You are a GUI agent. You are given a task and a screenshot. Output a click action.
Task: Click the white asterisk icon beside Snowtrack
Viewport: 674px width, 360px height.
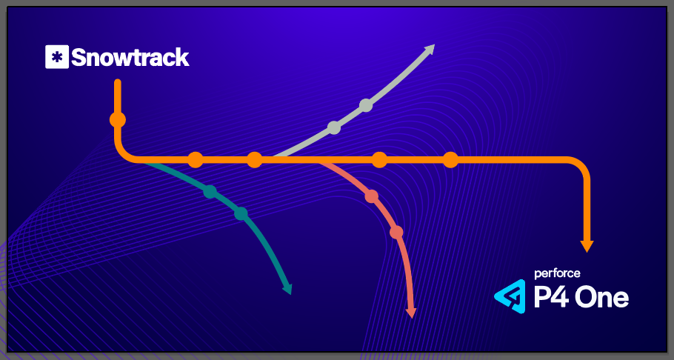(56, 57)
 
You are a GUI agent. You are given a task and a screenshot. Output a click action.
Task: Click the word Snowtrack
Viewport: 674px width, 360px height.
(130, 57)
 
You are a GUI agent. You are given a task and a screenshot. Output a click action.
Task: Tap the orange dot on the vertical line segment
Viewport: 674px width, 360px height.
(117, 119)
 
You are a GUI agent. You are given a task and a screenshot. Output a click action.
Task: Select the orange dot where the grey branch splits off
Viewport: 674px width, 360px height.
(254, 159)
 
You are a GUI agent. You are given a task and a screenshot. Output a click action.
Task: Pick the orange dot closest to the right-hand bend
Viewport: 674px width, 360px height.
(450, 159)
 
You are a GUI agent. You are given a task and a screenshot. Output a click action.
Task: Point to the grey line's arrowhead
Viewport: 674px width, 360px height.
(429, 49)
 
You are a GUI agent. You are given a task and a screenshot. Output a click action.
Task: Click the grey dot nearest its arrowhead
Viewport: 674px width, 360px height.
(366, 105)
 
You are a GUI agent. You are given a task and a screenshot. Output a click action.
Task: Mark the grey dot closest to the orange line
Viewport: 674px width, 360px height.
(334, 127)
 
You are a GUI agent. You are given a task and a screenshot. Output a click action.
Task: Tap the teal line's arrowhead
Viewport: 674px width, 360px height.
(287, 288)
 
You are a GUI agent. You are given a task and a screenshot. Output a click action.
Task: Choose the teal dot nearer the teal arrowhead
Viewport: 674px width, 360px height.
(240, 214)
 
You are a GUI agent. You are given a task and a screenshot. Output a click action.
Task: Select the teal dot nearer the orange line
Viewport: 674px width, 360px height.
(210, 192)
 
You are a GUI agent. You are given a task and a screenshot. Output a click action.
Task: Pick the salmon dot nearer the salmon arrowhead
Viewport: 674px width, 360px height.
(396, 232)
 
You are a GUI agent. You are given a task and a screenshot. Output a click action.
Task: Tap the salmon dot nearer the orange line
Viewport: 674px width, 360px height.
(372, 196)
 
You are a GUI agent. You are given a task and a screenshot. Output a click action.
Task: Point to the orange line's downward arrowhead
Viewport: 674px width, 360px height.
(587, 245)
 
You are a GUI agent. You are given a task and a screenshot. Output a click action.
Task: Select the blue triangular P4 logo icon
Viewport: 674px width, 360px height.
(510, 296)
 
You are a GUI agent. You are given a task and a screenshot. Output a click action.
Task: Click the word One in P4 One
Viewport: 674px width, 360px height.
(603, 297)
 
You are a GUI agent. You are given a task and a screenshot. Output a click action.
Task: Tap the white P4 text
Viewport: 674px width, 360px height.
(551, 297)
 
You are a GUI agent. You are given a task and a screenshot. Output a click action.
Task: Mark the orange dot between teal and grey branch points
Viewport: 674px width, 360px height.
(195, 159)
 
